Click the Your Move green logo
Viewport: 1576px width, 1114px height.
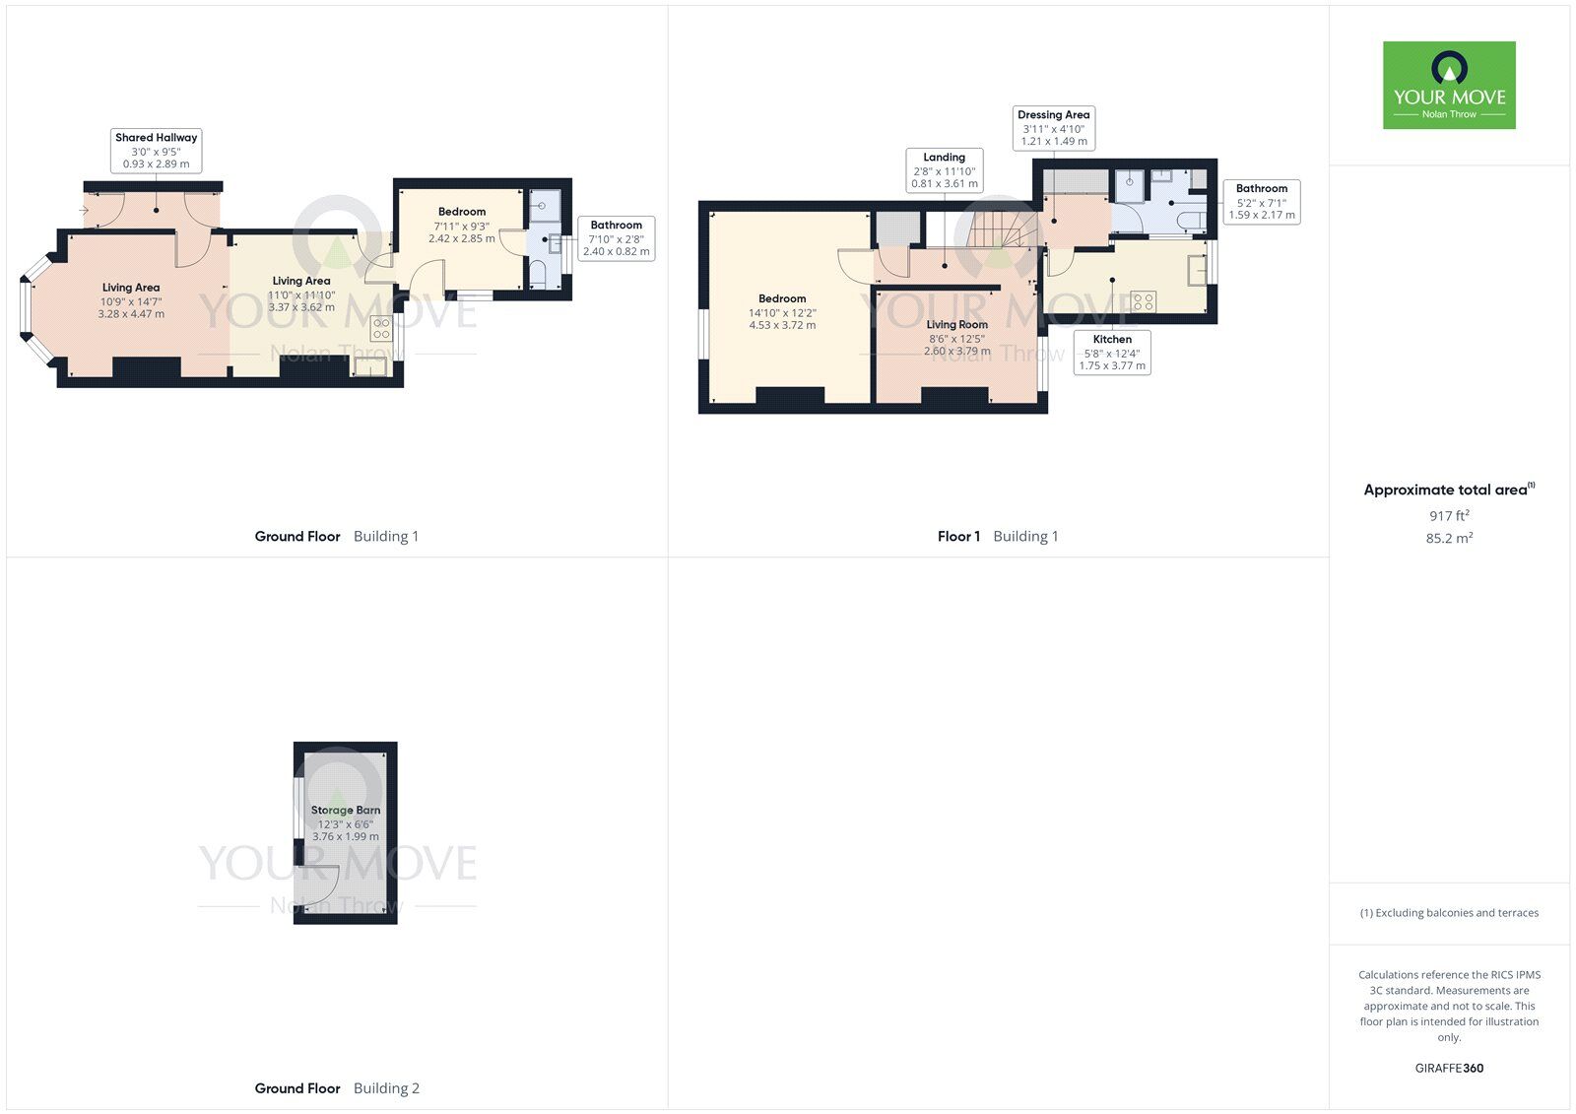(x=1449, y=85)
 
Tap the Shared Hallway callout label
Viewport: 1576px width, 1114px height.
(x=156, y=150)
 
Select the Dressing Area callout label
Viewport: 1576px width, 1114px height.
(x=1053, y=128)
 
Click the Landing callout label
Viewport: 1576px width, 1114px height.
(x=944, y=170)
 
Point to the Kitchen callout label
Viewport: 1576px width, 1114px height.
(x=1112, y=352)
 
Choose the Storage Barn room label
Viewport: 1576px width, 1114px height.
(x=345, y=822)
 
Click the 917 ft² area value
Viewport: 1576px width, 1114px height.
(x=1449, y=516)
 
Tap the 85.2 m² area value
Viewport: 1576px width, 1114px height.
(x=1449, y=539)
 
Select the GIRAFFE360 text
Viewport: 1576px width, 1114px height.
(x=1449, y=1068)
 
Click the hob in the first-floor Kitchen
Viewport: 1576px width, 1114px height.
(x=1143, y=301)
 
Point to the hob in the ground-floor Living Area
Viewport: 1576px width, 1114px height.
(x=381, y=328)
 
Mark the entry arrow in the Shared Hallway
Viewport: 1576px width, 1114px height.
(x=85, y=210)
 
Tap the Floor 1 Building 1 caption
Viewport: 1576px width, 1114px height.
(x=997, y=537)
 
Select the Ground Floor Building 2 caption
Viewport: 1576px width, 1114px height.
(x=337, y=1088)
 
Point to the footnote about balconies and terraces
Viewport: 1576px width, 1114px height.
(x=1449, y=913)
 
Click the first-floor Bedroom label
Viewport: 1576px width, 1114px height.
(x=782, y=311)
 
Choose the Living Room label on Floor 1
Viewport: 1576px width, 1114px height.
(x=956, y=337)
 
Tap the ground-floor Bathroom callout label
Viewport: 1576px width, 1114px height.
(x=616, y=238)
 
